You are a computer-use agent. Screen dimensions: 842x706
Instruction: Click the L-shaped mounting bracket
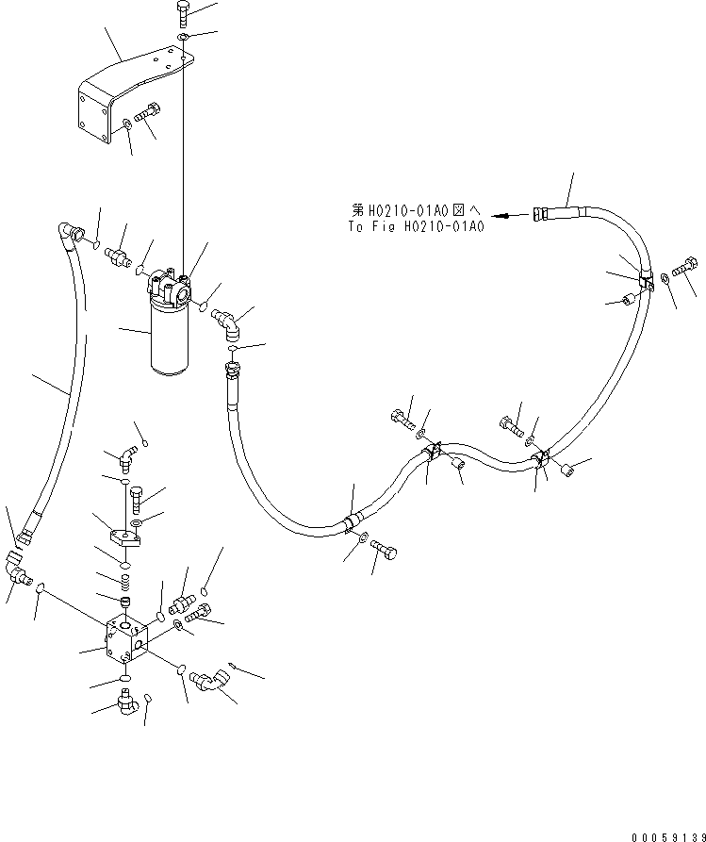click(x=123, y=90)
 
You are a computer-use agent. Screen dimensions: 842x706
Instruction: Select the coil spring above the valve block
click(x=123, y=580)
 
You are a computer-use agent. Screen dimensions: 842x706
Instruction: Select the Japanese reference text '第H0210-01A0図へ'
click(x=415, y=213)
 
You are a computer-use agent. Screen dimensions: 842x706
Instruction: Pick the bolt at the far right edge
click(x=685, y=267)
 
